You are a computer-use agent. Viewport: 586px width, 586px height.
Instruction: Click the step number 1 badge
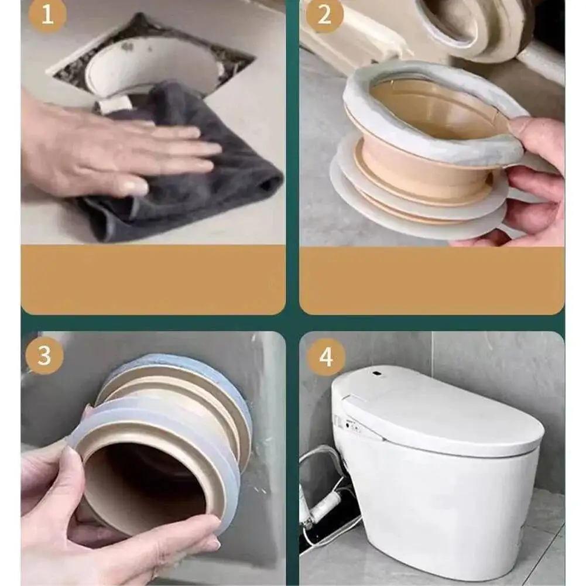click(47, 15)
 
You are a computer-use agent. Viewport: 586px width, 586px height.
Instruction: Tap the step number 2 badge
click(324, 15)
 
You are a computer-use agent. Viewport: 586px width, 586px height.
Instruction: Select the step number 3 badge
click(44, 355)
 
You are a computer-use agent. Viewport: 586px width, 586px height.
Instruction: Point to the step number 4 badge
click(326, 357)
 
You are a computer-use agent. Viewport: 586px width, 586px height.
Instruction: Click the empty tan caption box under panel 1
click(153, 280)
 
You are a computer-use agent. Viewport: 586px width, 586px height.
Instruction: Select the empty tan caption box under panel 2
click(432, 280)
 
